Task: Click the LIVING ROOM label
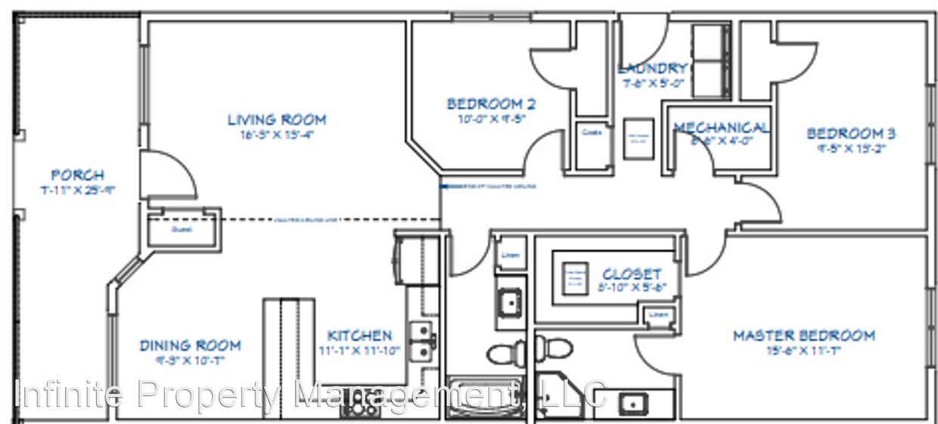(277, 119)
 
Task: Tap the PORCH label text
(78, 175)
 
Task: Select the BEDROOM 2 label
(485, 104)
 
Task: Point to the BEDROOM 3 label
(850, 134)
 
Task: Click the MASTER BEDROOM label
(803, 335)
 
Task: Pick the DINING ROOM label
(190, 345)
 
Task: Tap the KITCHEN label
(359, 335)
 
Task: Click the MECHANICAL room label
(722, 127)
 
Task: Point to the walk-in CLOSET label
(632, 274)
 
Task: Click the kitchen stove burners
(362, 408)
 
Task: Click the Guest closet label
(181, 228)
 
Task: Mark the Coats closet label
(591, 132)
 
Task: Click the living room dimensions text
(277, 135)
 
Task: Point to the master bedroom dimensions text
(803, 350)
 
